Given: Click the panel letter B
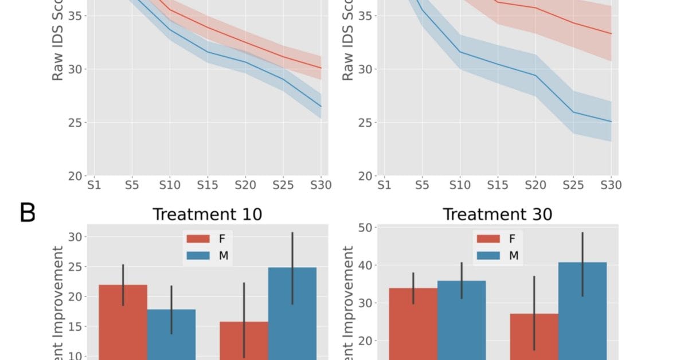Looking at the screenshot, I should point(28,213).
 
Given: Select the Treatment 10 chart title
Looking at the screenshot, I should point(207,214).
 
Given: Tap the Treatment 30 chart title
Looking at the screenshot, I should point(497,214).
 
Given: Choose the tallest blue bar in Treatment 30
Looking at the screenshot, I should point(582,310).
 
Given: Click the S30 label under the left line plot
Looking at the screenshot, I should point(320,185).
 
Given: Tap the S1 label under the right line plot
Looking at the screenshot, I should point(384,185).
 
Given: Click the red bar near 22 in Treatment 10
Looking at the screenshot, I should point(123,321).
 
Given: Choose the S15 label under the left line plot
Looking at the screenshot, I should point(207,185).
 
